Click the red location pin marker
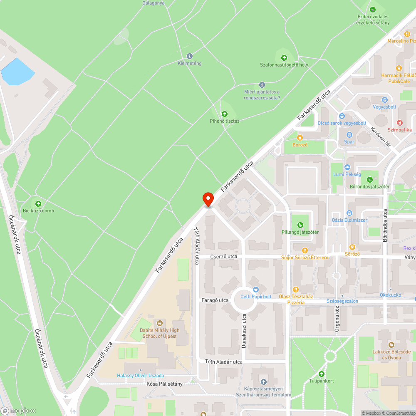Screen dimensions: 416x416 [x=208, y=199]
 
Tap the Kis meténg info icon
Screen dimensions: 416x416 [x=190, y=56]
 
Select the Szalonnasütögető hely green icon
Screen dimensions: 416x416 [x=284, y=57]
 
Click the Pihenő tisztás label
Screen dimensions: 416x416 [x=225, y=121]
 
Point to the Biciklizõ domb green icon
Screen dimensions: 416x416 [x=38, y=203]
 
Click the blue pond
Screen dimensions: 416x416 [x=17, y=72]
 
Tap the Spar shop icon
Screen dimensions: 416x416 [x=349, y=134]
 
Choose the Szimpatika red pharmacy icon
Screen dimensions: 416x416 [x=399, y=122]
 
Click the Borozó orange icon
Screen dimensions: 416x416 [x=300, y=137]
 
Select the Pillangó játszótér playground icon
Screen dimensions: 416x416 [x=300, y=225]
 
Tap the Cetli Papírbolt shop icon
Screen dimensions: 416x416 [x=255, y=289]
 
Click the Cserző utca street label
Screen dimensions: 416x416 [x=223, y=257]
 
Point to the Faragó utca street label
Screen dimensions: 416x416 [x=215, y=300]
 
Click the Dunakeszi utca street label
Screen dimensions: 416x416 [x=244, y=331]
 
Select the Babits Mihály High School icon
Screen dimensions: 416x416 [x=159, y=323]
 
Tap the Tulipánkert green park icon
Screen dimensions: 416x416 [x=321, y=374]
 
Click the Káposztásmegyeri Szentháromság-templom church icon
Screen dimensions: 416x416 [x=263, y=381]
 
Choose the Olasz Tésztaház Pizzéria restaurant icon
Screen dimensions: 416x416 [x=296, y=289]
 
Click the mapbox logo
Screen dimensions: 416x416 [x=19, y=411]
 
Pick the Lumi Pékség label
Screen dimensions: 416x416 [x=347, y=174]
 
